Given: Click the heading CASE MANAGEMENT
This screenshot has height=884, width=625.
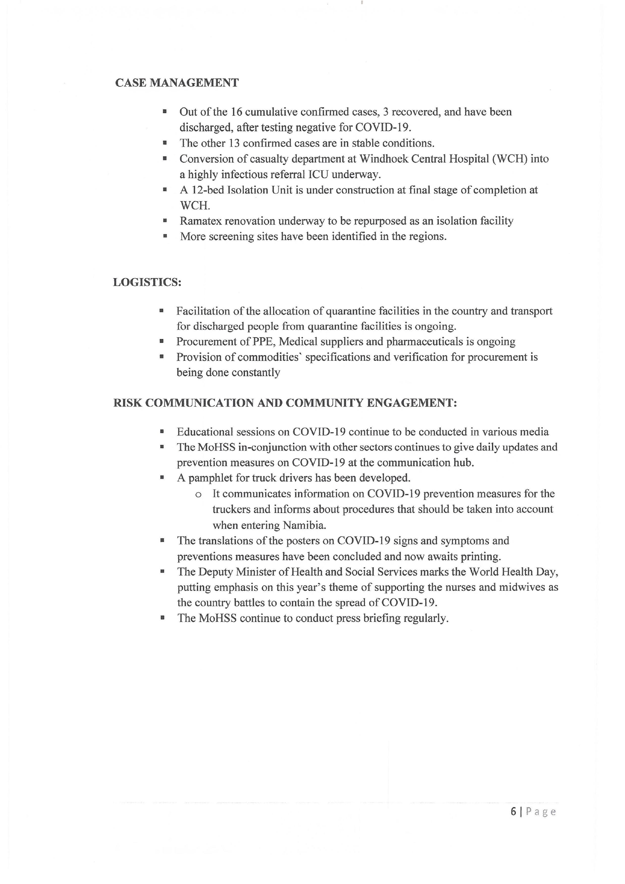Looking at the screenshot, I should point(177,83).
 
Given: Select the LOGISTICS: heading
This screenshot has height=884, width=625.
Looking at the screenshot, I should point(147,282).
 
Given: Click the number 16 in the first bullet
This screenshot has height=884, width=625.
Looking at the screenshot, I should point(236,112).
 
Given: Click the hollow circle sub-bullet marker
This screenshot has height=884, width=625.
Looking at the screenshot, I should point(198,495).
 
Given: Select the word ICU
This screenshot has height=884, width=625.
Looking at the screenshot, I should point(318,175).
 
